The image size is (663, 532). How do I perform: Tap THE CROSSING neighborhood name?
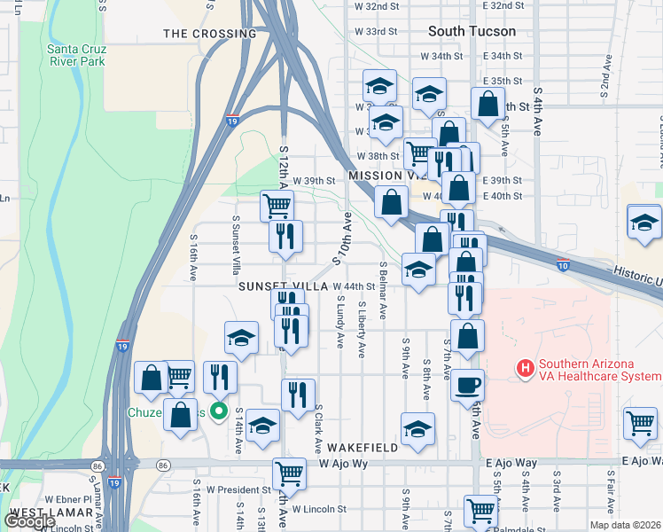pyautogui.click(x=210, y=34)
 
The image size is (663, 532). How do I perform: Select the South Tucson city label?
pyautogui.click(x=471, y=31)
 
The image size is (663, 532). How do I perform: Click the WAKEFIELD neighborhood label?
pyautogui.click(x=361, y=448)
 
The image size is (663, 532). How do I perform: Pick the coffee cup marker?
pyautogui.click(x=468, y=387)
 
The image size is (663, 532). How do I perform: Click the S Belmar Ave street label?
pyautogui.click(x=383, y=291)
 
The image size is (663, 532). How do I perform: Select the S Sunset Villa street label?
pyautogui.click(x=236, y=243)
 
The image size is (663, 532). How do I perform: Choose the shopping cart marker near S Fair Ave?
pyautogui.click(x=640, y=423)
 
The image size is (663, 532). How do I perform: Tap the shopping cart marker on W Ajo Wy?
pyautogui.click(x=288, y=474)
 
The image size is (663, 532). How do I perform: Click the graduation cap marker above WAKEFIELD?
pyautogui.click(x=417, y=429)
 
